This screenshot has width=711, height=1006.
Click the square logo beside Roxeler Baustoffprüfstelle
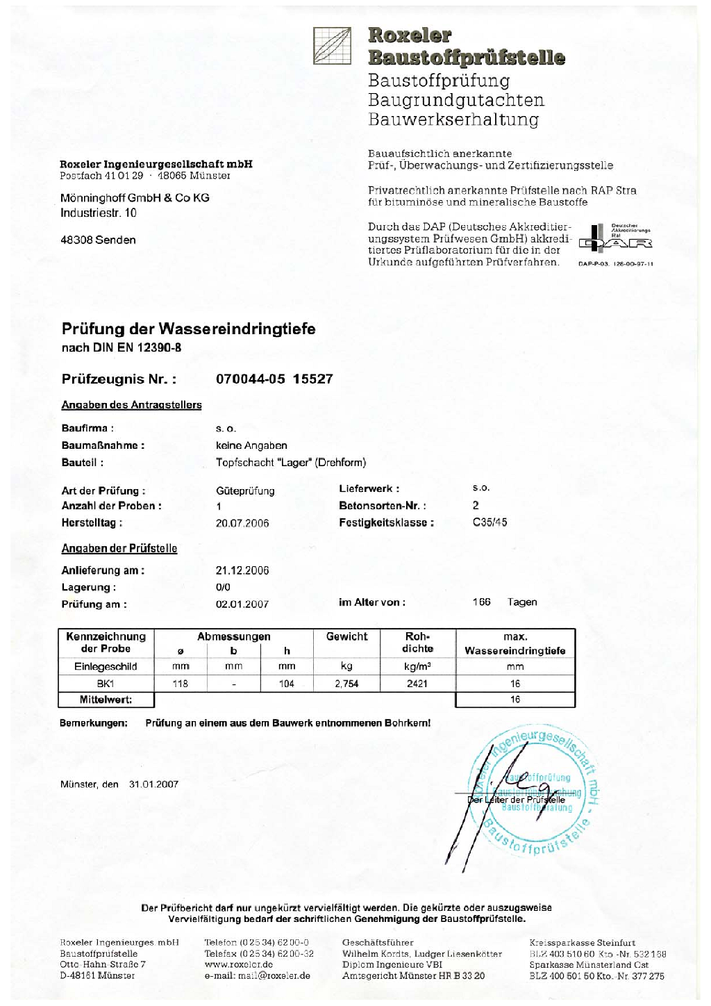332,46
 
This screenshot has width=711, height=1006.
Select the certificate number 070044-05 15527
274,379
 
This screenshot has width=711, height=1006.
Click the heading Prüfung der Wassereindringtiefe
188,329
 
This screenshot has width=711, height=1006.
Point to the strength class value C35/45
490,522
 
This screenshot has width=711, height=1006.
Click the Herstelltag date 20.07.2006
242,523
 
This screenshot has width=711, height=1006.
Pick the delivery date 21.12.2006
242,570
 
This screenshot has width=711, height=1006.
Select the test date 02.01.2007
242,604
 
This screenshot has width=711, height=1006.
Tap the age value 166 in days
481,602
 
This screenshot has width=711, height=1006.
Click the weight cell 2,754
346,684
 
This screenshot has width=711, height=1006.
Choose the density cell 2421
417,684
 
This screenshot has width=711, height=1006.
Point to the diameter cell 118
181,684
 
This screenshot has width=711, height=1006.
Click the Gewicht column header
346,636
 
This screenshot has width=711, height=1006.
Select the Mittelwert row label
106,700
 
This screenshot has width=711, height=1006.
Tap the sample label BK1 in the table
106,684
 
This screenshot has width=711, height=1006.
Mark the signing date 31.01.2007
153,784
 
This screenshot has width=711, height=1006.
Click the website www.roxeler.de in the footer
238,964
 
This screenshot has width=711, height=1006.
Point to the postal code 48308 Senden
98,240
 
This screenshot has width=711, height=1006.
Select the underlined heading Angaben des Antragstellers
131,405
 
